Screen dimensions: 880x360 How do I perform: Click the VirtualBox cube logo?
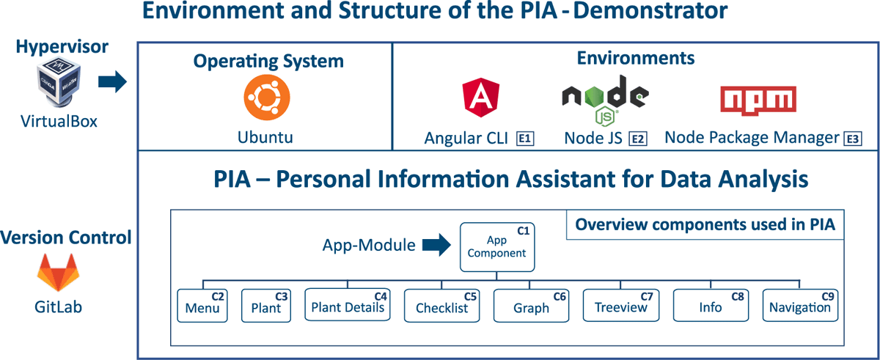point(59,82)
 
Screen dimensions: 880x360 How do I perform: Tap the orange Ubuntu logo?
point(267,98)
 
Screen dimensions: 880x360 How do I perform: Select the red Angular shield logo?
point(481,98)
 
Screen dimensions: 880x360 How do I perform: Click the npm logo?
point(758,100)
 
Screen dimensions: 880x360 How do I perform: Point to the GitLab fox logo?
point(58,273)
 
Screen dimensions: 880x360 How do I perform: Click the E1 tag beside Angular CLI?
point(525,139)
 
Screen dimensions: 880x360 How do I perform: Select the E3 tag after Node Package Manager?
point(853,139)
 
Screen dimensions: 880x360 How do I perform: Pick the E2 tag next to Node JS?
point(638,139)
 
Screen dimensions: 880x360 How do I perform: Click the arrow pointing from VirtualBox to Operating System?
point(112,81)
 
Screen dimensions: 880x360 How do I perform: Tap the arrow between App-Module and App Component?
point(436,245)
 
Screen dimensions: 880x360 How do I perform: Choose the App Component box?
point(497,247)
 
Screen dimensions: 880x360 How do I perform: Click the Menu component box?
point(202,306)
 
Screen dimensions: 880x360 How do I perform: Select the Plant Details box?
point(348,305)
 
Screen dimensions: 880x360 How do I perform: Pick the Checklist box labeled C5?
point(442,306)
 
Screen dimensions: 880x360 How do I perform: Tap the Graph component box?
point(531,306)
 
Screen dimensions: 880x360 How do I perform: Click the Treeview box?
point(621,306)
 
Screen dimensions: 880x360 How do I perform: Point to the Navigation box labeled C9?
point(800,306)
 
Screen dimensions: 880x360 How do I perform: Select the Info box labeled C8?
point(711,306)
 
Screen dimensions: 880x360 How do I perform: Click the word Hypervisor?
point(62,47)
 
